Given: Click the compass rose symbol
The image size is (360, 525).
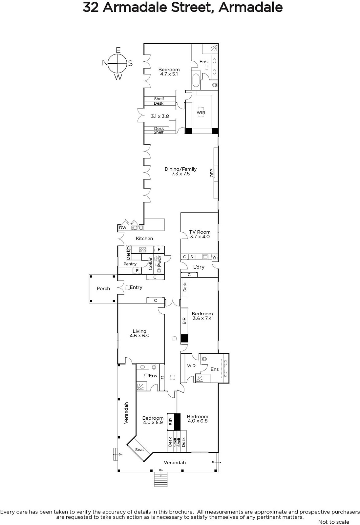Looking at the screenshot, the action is coord(117,63).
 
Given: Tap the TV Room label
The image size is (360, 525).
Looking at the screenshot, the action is coord(200,232).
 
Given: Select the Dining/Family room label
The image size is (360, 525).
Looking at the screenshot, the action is coord(180,169).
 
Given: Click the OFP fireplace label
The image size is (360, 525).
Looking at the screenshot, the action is coord(212,173).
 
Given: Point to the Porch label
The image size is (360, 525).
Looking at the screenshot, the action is coord(103,288).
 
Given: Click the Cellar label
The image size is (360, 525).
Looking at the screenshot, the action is coord(151,263).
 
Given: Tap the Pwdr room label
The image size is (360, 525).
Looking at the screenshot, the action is coord(159,261).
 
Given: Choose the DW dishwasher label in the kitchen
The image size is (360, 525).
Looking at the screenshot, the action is coord(123,228).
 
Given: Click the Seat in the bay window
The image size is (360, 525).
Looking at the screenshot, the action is coord(139,450).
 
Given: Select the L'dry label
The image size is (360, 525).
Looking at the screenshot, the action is coord(199,267).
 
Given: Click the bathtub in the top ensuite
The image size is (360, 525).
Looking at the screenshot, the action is coord(196,80).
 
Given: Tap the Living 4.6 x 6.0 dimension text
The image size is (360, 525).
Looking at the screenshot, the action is coord(140,335).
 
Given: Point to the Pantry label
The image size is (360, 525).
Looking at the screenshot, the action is coord(130,264).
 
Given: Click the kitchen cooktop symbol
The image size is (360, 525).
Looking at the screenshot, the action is coord(142,250).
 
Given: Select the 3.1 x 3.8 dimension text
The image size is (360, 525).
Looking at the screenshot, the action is coord(160,116).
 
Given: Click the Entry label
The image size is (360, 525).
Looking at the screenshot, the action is coord(136,287).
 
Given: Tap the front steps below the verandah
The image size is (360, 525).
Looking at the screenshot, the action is coord(161,479).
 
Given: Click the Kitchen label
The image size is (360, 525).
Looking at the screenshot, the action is coord(144,238).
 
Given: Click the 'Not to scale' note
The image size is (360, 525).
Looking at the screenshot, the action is coord(334,522).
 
